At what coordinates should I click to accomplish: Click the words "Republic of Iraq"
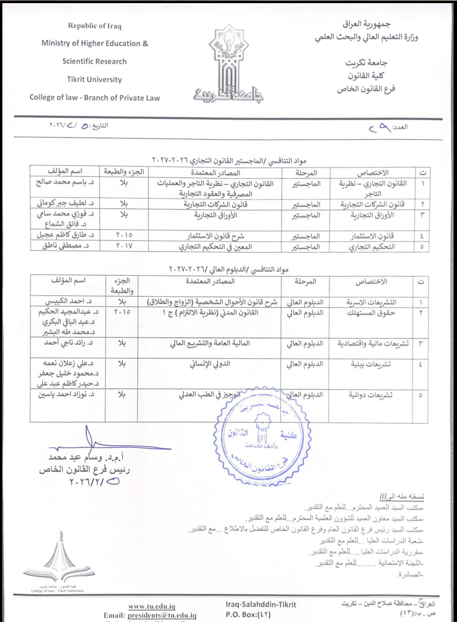coord(95,26)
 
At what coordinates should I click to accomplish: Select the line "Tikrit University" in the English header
coord(94,80)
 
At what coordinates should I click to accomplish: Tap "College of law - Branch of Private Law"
coord(95,98)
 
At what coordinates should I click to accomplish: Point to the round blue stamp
coord(262,432)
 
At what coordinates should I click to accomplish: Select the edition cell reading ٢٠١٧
coord(124,246)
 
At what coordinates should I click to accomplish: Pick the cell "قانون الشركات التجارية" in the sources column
coord(215,204)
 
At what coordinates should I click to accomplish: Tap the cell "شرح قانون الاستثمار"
coord(215,236)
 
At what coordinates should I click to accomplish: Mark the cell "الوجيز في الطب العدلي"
coord(209,395)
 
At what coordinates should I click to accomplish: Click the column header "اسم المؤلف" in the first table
coord(65,172)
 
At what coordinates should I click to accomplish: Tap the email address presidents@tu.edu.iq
coord(162,615)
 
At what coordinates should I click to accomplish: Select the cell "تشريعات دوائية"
coord(371,395)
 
